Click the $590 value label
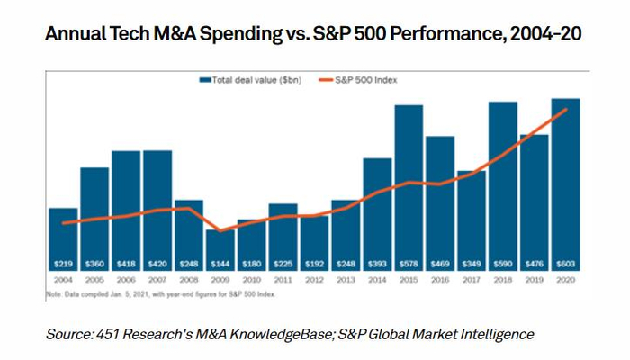(503, 264)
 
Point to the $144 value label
(220, 264)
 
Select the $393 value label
(377, 264)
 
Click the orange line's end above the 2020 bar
(565, 109)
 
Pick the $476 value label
(535, 264)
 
